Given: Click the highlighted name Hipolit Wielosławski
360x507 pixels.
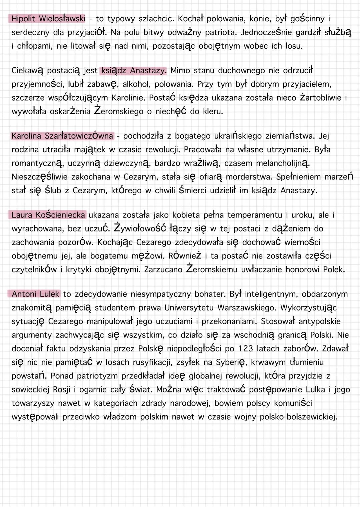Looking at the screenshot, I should (48, 19).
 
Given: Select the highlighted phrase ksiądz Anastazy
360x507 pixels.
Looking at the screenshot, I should (133, 71).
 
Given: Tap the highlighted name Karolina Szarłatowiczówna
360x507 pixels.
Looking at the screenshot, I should (62, 136).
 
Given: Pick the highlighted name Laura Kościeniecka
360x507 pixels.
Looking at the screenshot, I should (48, 215).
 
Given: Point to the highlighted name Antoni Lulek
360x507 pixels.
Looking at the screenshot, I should (35, 294).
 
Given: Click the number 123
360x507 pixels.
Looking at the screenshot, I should (246, 348).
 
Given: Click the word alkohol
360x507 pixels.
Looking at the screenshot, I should (136, 84).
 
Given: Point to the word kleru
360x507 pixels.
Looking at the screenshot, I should (212, 111).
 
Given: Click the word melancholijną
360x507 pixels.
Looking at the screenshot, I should (282, 163).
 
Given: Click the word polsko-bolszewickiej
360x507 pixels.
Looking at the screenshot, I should (298, 417).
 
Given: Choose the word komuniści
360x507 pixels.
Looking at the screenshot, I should (293, 403).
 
